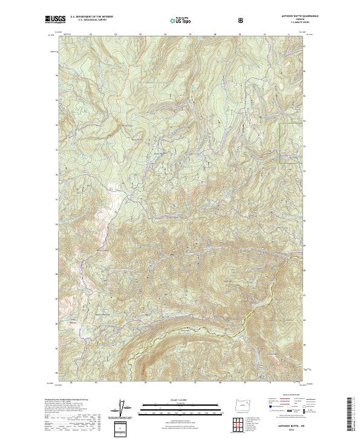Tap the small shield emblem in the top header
click(208, 20)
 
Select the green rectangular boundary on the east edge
click(290, 142)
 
